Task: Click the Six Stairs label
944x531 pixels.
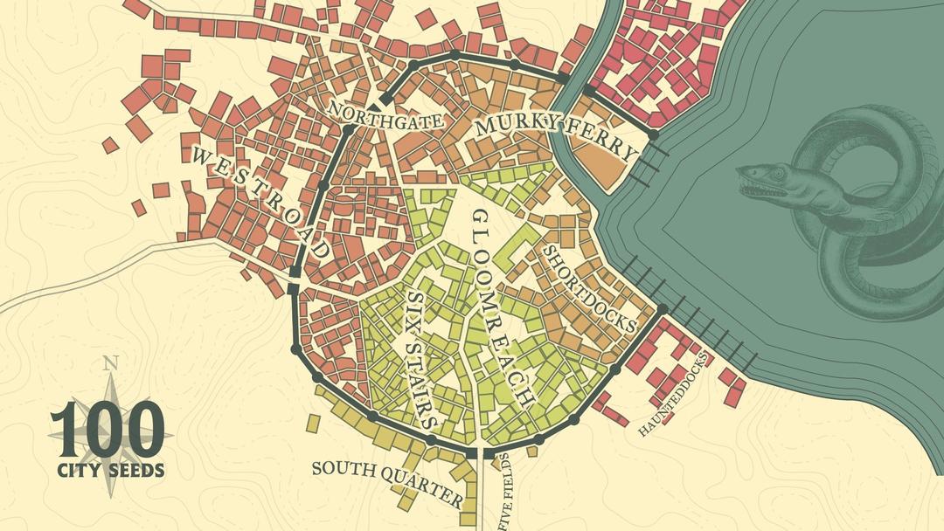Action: coord(422,359)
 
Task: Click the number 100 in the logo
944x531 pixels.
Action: coord(107,428)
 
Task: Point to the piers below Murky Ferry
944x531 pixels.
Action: coord(651,166)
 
